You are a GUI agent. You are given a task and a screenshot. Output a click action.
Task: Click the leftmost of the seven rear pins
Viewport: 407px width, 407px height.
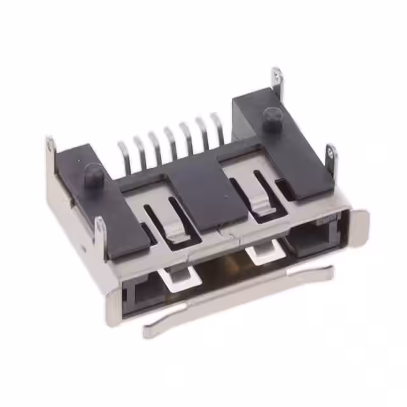click(x=123, y=155)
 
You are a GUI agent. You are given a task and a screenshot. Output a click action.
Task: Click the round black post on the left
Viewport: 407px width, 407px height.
click(x=93, y=172)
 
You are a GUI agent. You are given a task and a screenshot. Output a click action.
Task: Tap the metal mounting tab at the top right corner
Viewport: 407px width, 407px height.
click(x=277, y=81)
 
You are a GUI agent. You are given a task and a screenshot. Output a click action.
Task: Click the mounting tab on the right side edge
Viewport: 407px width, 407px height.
click(x=331, y=156)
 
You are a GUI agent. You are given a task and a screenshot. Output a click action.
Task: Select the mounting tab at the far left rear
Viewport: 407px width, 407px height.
click(x=50, y=148)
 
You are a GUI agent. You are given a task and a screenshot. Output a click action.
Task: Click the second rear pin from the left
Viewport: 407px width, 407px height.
click(x=139, y=149)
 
